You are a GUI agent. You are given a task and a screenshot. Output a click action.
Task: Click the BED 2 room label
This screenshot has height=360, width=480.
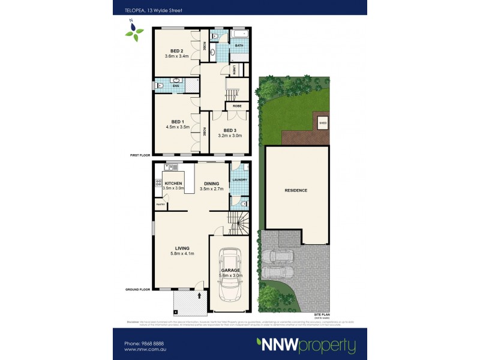pyautogui.click(x=176, y=50)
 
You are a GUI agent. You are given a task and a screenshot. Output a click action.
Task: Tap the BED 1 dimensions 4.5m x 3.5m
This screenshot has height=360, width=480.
pyautogui.click(x=178, y=127)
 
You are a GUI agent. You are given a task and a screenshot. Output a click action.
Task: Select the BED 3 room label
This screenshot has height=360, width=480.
pyautogui.click(x=231, y=130)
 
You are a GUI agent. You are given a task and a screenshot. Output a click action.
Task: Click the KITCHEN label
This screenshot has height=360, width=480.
pyautogui.click(x=173, y=183)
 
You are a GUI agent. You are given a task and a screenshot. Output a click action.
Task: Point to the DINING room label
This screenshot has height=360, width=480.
pyautogui.click(x=212, y=183)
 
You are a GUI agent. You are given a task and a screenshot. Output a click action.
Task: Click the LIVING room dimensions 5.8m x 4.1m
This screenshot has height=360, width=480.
pyautogui.click(x=182, y=254)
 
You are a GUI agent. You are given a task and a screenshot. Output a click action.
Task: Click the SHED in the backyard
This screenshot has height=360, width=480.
pyautogui.click(x=322, y=124)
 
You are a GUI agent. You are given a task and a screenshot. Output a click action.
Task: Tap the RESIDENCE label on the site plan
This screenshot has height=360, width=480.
pyautogui.click(x=296, y=191)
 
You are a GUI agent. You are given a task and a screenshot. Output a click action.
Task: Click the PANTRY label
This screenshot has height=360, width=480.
pyautogui.click(x=160, y=205)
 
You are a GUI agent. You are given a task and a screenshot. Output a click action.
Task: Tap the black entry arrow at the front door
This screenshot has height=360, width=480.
pyautogui.click(x=199, y=295)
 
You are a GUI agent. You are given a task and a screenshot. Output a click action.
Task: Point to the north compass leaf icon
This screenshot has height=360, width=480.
pyautogui.click(x=134, y=30)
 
